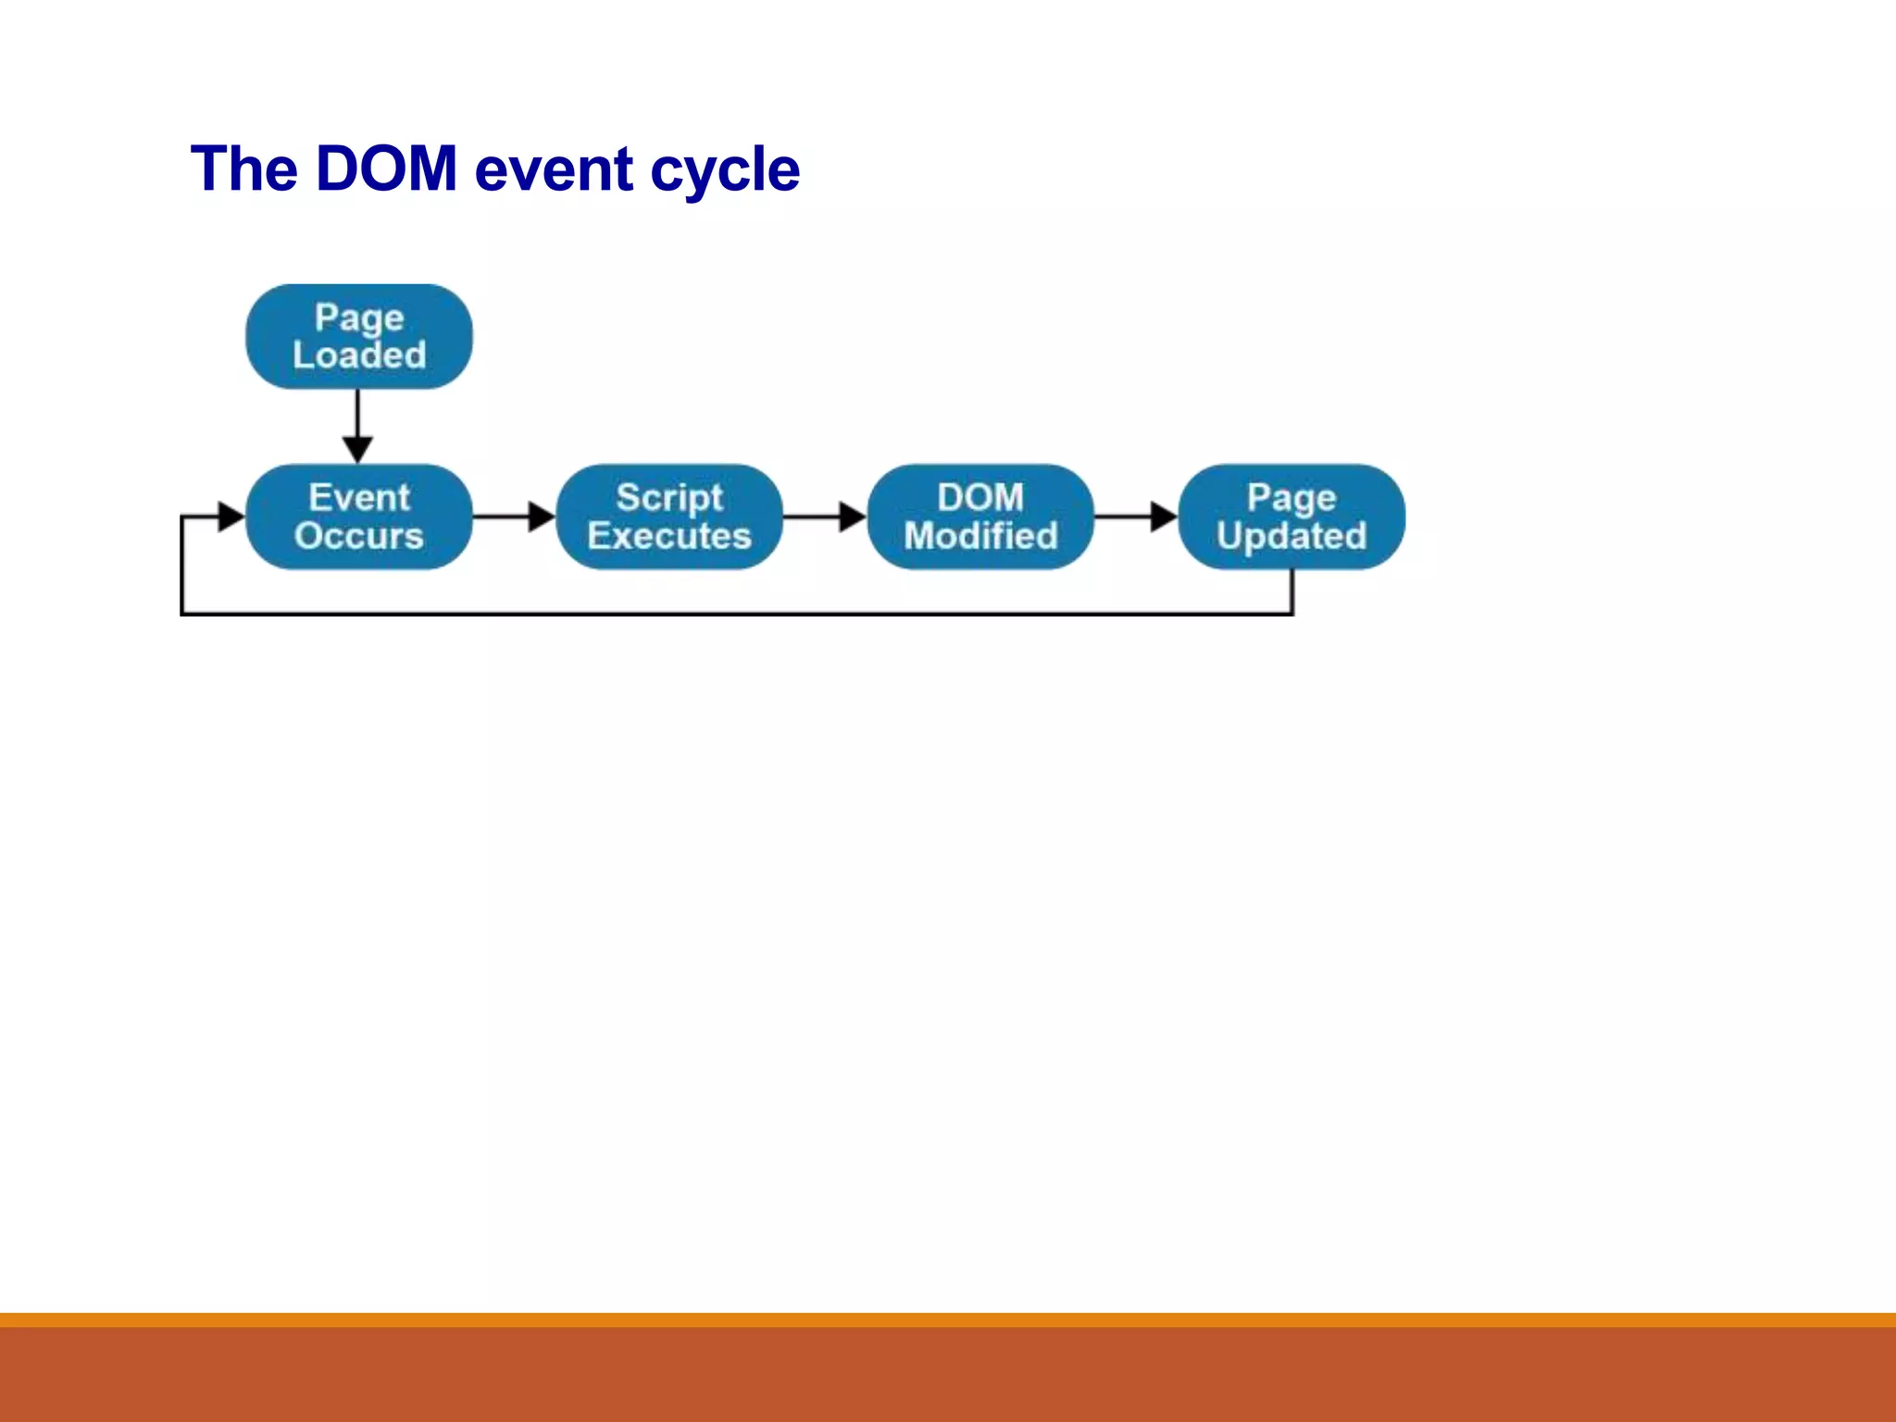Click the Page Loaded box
pyautogui.click(x=358, y=336)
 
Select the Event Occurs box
pyautogui.click(x=358, y=517)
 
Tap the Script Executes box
pyautogui.click(x=669, y=517)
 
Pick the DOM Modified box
pyautogui.click(x=980, y=517)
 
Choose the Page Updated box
pyautogui.click(x=1291, y=517)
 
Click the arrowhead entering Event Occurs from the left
pyautogui.click(x=230, y=517)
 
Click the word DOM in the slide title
pyautogui.click(x=386, y=169)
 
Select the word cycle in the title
pyautogui.click(x=725, y=171)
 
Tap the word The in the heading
pyautogui.click(x=244, y=169)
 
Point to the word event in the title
pyautogui.click(x=554, y=171)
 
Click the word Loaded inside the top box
pyautogui.click(x=359, y=355)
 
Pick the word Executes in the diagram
pyautogui.click(x=669, y=536)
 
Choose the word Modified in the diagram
pyautogui.click(x=980, y=536)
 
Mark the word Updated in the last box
pyautogui.click(x=1291, y=536)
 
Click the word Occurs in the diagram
pyautogui.click(x=359, y=536)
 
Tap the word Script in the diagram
pyautogui.click(x=669, y=498)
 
